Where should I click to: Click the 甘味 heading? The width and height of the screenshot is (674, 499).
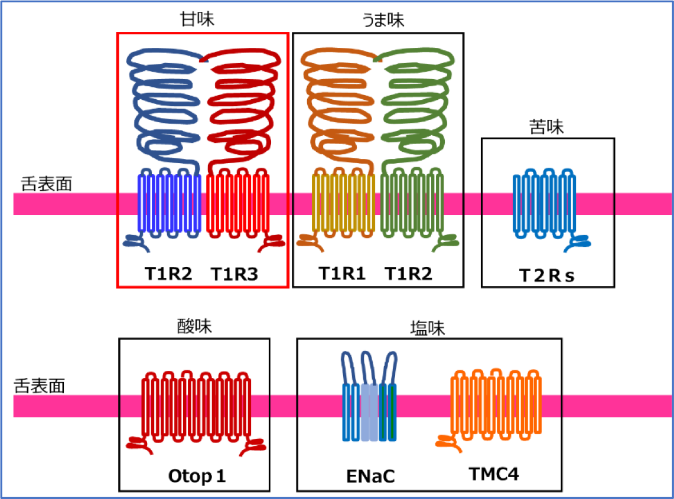coord(197,19)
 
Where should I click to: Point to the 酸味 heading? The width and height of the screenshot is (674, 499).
coord(194,327)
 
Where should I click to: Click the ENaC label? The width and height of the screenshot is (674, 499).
coord(370,476)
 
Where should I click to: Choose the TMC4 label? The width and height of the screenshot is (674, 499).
coord(494,474)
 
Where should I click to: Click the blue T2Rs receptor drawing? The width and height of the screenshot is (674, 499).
coord(543,204)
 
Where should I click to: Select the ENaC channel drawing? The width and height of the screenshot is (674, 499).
coord(370,402)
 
